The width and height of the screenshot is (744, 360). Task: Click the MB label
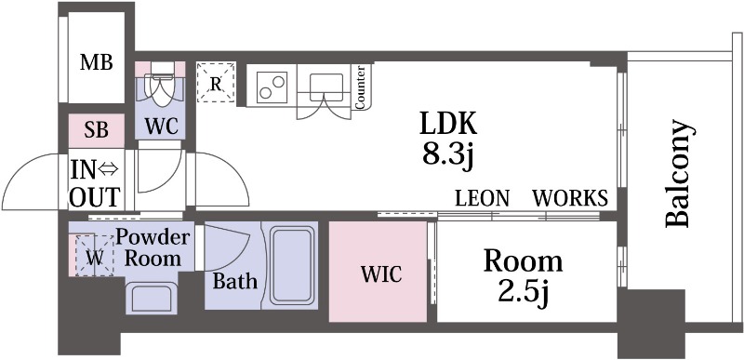click(x=96, y=62)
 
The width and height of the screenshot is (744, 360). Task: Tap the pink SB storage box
click(x=97, y=130)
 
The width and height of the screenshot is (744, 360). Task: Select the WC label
click(x=161, y=127)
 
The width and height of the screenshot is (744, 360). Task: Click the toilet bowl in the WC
click(x=160, y=87)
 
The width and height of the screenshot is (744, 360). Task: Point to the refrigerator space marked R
click(x=216, y=82)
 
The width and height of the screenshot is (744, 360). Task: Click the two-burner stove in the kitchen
click(x=272, y=87)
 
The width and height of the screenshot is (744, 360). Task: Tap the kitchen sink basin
click(x=326, y=87)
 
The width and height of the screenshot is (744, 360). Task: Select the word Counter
click(x=360, y=87)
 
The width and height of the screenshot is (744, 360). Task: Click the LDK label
click(x=447, y=125)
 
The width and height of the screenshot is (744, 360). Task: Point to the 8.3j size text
click(x=448, y=154)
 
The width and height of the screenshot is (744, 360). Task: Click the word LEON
click(x=482, y=198)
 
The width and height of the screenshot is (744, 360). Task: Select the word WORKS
click(x=570, y=198)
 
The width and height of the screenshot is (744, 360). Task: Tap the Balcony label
click(x=677, y=174)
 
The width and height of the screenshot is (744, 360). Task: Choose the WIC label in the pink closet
click(x=381, y=274)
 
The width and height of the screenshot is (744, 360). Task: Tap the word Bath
click(x=235, y=281)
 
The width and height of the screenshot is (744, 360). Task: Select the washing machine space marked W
click(x=95, y=256)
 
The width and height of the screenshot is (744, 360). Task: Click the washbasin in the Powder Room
click(x=152, y=298)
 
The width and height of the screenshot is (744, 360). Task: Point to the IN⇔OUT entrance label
click(x=95, y=184)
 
